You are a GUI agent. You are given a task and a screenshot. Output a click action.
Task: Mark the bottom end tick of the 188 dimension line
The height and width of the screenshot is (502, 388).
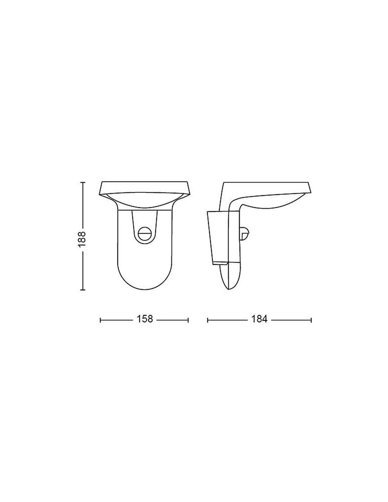coord(83,289)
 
